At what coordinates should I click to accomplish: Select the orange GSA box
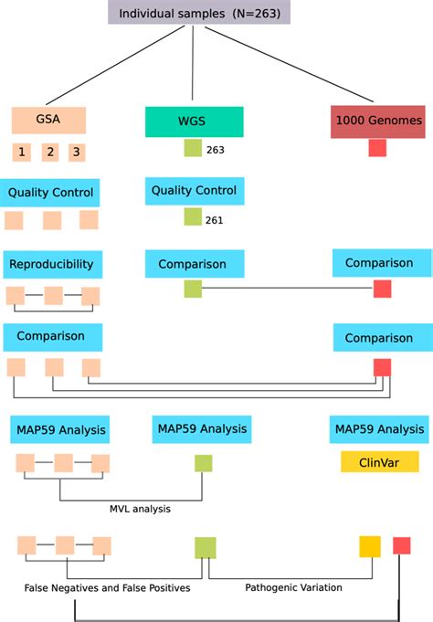[x=48, y=121]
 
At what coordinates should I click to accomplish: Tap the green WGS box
[x=194, y=121]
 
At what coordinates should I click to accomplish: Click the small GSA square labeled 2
[x=51, y=153]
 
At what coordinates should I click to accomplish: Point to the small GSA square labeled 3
[x=78, y=153]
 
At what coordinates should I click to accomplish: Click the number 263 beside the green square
[x=216, y=150]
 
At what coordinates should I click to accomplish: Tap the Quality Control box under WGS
[x=194, y=192]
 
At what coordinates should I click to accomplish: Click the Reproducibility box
[x=52, y=264]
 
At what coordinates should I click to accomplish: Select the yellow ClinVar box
[x=379, y=461]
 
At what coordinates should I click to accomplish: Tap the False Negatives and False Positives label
[x=107, y=588]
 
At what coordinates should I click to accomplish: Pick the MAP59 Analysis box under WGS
[x=201, y=428]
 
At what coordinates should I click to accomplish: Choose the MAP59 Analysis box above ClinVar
[x=379, y=428]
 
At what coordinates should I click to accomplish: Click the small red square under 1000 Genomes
[x=377, y=148]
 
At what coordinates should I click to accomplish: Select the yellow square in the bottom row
[x=370, y=546]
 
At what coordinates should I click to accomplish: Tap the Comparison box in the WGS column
[x=193, y=264]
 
